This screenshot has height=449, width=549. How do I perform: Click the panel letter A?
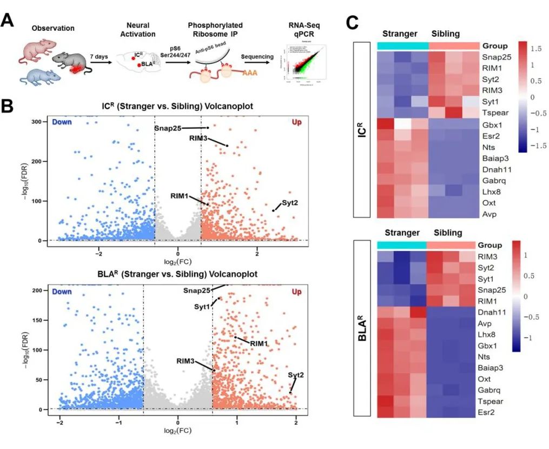pos(8,21)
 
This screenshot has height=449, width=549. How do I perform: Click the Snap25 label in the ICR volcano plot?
pos(167,128)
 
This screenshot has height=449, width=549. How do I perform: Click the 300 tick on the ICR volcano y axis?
pos(37,122)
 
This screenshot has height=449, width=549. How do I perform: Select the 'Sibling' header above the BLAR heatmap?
pos(448,233)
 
